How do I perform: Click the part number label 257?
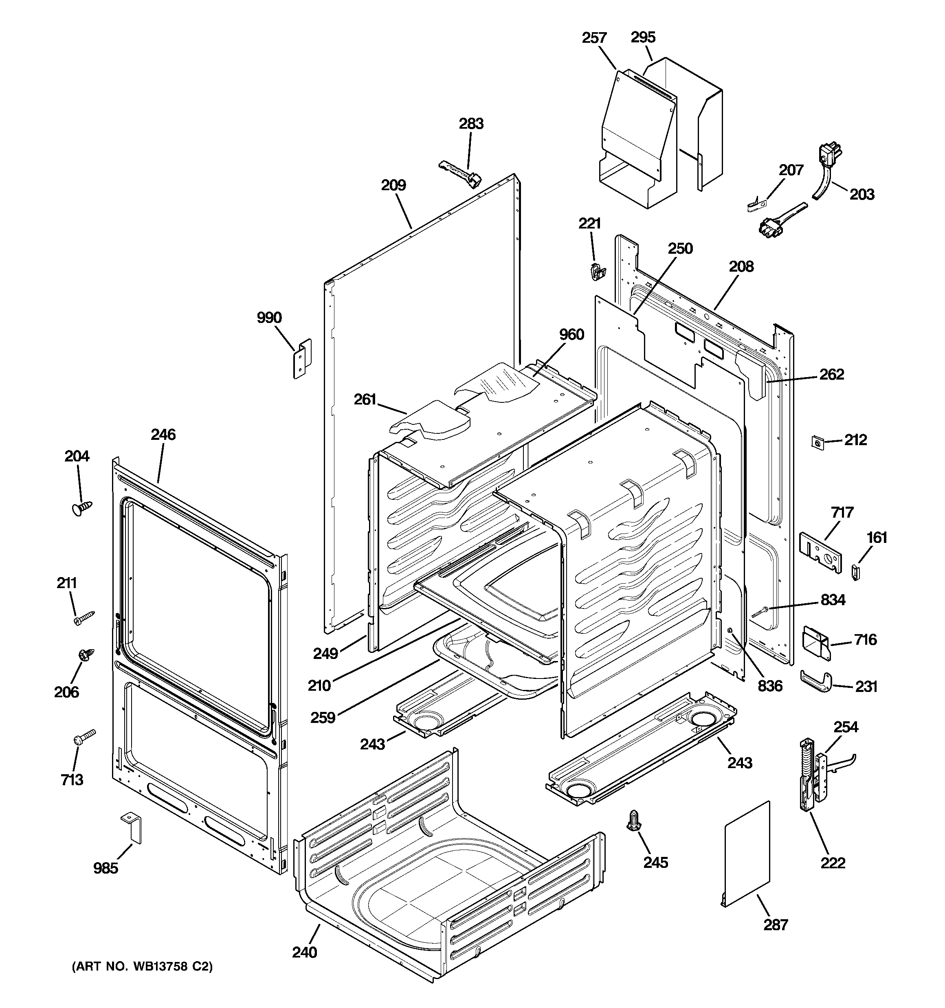point(594,38)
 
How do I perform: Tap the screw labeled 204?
point(82,507)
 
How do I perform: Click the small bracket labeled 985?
point(132,830)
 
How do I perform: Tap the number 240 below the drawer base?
point(304,952)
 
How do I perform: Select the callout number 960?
point(571,335)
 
